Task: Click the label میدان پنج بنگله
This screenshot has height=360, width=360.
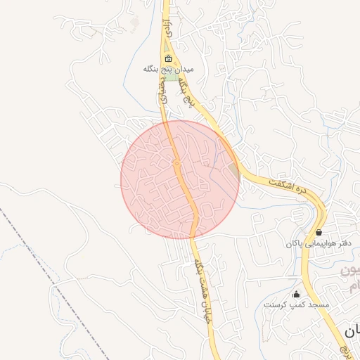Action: click(168, 69)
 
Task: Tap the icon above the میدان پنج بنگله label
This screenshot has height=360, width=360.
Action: click(168, 59)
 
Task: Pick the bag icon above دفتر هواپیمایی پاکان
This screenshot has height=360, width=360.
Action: click(319, 232)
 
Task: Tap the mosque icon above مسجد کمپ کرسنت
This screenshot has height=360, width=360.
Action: click(296, 295)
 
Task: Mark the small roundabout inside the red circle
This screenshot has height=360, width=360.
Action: click(176, 164)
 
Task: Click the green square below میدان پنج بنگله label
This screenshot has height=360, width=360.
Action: click(169, 76)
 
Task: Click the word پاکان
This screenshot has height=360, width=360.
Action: click(295, 243)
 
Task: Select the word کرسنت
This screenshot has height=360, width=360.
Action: click(275, 305)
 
